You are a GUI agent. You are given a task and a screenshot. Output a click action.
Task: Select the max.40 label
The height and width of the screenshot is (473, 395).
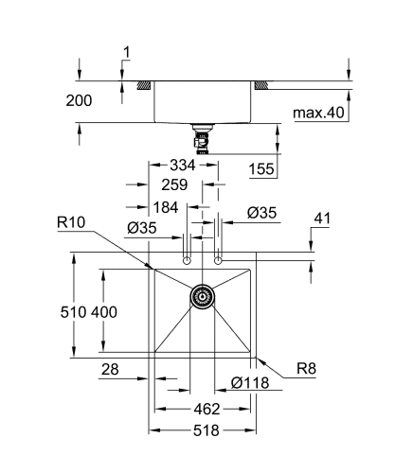pos(317,114)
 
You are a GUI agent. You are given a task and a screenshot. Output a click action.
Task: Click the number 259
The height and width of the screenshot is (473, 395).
pos(173,186)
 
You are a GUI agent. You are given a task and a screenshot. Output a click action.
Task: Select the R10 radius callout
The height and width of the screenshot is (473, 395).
pos(72,223)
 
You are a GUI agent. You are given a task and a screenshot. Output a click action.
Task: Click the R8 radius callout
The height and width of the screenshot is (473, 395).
pos(306,370)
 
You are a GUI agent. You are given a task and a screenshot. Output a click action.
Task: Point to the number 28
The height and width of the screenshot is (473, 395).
pos(110,371)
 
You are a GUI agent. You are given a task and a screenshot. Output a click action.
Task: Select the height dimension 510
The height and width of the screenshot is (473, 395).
pos(82,311)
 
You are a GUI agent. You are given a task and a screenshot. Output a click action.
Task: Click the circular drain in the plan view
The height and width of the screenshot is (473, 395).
pos(201,296)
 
